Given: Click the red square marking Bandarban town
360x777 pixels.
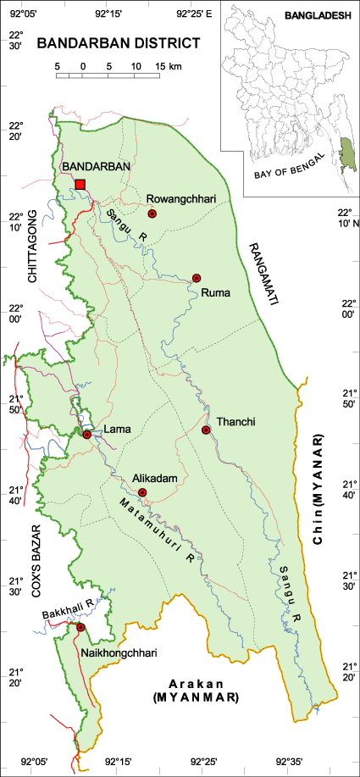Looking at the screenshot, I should point(80,185).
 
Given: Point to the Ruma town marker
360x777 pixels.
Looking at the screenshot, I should point(197,278).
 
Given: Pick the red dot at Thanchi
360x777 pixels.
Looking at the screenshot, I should point(206,430).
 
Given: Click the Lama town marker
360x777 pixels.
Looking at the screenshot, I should point(86,435).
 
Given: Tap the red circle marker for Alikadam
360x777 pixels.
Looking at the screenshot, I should point(142,492).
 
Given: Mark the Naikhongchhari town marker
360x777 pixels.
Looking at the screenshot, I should point(81,627).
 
